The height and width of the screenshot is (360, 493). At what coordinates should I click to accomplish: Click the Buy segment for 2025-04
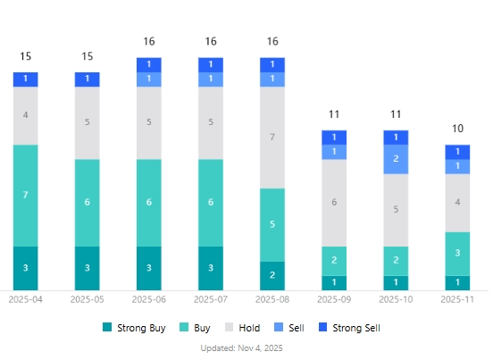point(26,195)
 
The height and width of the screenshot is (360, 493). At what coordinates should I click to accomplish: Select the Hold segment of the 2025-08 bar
point(272,138)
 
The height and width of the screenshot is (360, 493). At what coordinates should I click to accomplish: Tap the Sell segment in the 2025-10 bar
point(396,159)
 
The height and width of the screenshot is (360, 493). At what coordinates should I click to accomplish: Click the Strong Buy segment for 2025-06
point(149,268)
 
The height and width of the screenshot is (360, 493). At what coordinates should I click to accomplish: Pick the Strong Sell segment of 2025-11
point(457,152)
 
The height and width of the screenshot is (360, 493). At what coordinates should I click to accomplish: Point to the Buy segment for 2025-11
point(457,254)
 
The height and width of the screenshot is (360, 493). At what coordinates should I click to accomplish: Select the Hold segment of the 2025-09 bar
point(334,203)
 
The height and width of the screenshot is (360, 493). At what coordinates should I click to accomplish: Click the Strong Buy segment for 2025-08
point(272,275)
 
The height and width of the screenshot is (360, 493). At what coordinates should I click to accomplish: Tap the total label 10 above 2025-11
point(457,129)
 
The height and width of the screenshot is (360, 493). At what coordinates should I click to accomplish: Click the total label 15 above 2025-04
point(26,56)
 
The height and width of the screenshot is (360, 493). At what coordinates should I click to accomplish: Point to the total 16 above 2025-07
point(211,41)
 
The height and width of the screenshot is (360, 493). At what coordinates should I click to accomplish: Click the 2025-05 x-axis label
point(88,299)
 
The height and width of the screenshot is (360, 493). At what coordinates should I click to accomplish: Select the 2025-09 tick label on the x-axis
point(334,299)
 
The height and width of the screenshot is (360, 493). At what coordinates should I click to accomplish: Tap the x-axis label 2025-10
point(396,299)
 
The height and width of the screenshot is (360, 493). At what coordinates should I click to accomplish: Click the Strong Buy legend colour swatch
point(108,328)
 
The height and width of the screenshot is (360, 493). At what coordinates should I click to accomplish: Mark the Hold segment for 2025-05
point(88,123)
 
